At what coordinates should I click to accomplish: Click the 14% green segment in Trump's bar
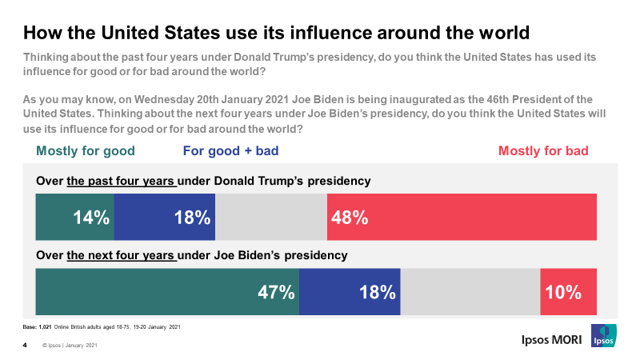[x=74, y=217]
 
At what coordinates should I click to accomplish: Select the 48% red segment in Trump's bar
[x=462, y=217]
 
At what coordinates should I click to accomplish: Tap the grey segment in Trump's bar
[x=271, y=217]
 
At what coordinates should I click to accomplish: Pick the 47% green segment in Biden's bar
[x=167, y=292]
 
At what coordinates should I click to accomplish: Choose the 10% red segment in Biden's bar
[x=568, y=292]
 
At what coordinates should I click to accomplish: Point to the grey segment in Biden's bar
[x=470, y=292]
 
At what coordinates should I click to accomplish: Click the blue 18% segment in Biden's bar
[x=350, y=292]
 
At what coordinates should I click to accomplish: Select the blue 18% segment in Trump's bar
[x=165, y=217]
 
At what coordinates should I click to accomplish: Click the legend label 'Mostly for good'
[x=86, y=150]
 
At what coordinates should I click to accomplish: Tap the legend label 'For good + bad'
[x=230, y=150]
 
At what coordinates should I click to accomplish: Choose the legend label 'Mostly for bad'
[x=543, y=150]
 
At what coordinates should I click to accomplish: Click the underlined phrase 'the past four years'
[x=122, y=181]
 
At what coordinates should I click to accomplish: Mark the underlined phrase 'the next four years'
[x=122, y=256]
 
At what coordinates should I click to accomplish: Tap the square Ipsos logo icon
[x=603, y=337]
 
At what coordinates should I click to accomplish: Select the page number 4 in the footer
[x=25, y=346]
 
